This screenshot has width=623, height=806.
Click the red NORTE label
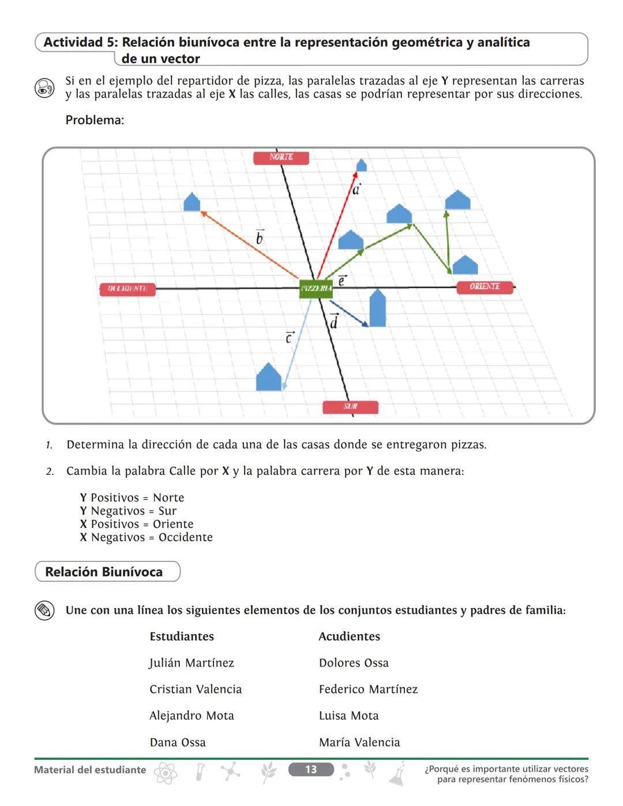[x=281, y=158]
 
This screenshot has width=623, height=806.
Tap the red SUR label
[x=350, y=407]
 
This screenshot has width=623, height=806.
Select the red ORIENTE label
[x=485, y=287]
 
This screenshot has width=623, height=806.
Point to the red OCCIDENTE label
[x=127, y=288]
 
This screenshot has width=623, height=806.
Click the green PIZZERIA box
[x=316, y=288]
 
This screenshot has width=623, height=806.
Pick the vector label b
[x=260, y=237]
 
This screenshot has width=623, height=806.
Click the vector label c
[x=290, y=337]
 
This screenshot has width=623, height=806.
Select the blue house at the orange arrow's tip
[x=192, y=202]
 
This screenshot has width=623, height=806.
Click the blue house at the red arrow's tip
[x=361, y=166]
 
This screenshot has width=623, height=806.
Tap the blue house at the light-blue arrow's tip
[x=268, y=377]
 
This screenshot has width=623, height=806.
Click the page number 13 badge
[x=311, y=769]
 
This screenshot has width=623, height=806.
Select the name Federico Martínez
[x=368, y=689]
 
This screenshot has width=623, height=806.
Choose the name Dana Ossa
[x=178, y=742]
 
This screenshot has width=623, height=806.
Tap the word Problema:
[x=95, y=120]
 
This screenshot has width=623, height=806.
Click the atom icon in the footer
[x=166, y=773]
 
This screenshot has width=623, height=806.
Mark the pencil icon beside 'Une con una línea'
[x=44, y=610]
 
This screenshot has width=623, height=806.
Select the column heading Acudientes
[x=350, y=636]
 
